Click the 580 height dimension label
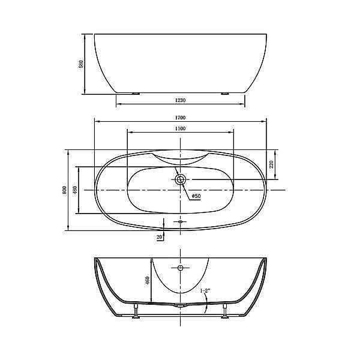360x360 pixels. tap(81, 64)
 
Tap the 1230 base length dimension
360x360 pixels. tap(181, 100)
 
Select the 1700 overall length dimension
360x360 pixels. tap(181, 118)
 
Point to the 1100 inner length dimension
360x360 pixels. tap(181, 128)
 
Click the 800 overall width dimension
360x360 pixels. tap(65, 190)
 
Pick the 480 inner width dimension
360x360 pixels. tap(75, 190)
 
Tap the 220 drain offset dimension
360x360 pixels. tap(272, 164)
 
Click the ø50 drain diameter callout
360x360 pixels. tap(196, 196)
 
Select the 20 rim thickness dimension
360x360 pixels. tap(160, 237)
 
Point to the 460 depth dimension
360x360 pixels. tap(148, 281)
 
